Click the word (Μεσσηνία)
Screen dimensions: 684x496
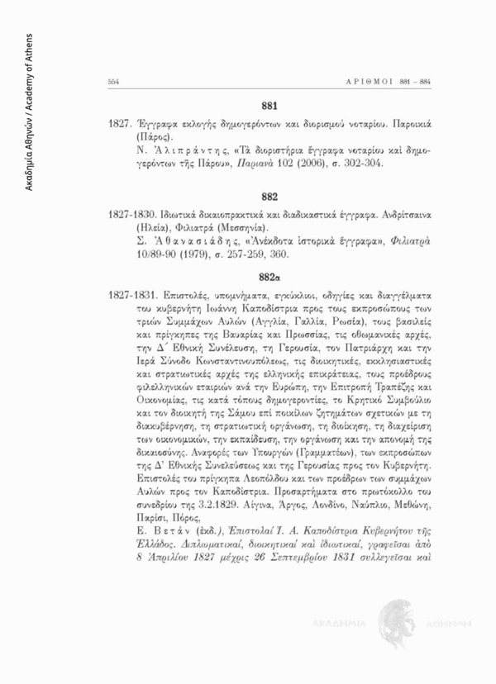tap(226, 224)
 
